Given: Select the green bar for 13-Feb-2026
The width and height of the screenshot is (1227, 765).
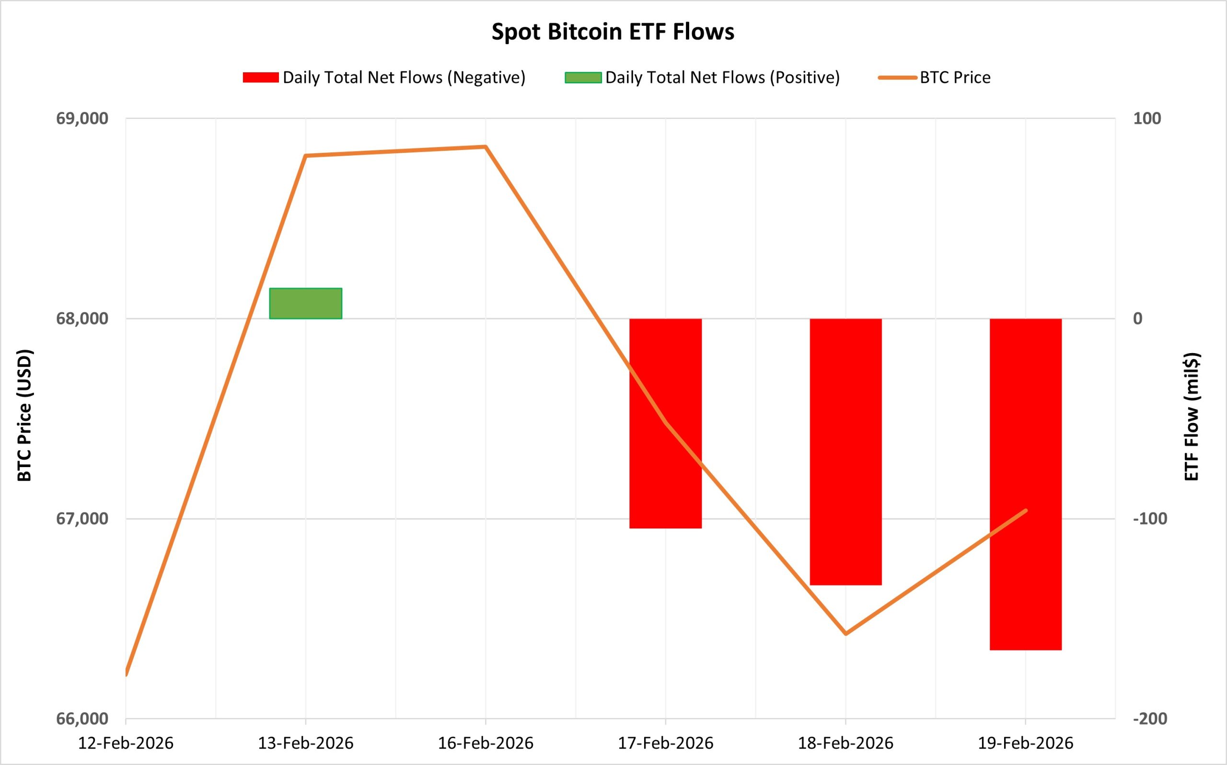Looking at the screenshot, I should pos(305,303).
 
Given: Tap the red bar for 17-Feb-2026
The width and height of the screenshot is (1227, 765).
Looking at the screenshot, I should pos(665,423).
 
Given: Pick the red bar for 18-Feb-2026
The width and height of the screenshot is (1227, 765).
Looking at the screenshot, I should pos(845,451).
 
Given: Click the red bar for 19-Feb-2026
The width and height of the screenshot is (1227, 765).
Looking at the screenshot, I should pos(1025,484).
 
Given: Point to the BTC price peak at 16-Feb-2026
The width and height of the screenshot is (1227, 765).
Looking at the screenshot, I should pos(486,147).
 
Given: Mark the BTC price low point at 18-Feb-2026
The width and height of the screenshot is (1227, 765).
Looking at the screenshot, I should pos(845,633).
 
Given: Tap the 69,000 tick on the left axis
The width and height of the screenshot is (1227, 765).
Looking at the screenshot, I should pos(82,118).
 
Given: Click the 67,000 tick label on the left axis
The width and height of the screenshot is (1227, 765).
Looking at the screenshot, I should pos(82,519).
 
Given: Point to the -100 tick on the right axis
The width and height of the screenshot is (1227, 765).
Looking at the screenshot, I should pos(1149,519).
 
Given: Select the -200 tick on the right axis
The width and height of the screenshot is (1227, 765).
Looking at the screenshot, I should pos(1149,719).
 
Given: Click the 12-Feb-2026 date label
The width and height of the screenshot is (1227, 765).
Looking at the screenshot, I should pos(126,743).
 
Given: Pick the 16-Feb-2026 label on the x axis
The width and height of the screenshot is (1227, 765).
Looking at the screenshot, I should pos(486,743).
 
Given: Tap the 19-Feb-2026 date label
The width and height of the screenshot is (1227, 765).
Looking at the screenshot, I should pos(1025,743).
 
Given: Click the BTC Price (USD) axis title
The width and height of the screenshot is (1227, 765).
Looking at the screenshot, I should pos(24,415).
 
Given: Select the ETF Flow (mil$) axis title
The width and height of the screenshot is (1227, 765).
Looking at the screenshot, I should pos(1192,416).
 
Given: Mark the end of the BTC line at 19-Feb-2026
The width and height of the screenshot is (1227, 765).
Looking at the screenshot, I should pos(1026,510).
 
